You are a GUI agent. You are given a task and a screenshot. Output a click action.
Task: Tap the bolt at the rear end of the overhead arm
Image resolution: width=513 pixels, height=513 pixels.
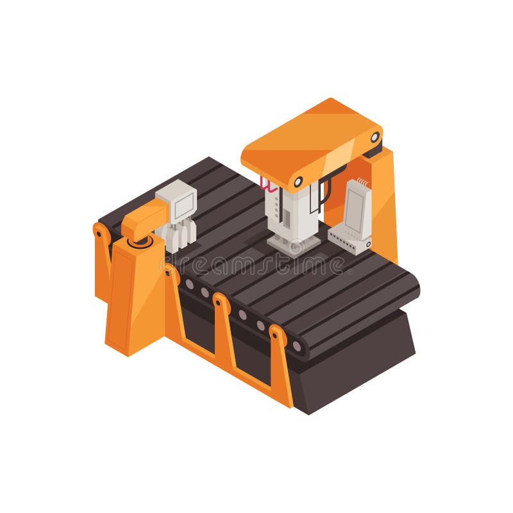(x=374, y=137)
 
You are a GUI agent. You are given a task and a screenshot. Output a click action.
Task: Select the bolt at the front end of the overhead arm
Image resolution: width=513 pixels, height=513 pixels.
(x=297, y=181)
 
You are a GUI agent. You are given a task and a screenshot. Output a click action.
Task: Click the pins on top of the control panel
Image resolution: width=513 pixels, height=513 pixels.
(x=363, y=182)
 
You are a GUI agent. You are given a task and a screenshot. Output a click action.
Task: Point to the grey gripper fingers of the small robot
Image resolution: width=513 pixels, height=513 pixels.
(x=181, y=235)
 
